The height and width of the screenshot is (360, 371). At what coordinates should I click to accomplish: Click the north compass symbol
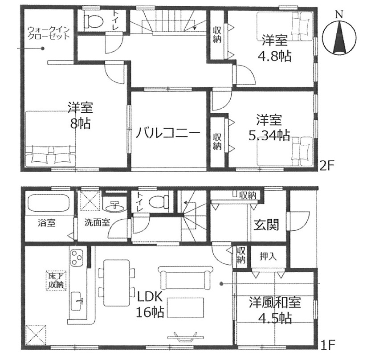339,38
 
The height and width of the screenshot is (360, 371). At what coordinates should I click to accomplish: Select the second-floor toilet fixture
94,21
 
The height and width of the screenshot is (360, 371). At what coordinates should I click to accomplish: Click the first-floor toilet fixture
159,202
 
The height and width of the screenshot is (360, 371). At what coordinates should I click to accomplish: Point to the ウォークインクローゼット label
49,33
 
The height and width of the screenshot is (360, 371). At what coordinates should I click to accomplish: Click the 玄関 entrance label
266,225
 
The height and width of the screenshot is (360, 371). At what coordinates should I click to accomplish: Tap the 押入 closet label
268,256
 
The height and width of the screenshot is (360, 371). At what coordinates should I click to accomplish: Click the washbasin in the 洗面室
114,207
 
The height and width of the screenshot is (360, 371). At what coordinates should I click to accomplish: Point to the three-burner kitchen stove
77,258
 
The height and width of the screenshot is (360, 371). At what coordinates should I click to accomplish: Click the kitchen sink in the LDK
77,301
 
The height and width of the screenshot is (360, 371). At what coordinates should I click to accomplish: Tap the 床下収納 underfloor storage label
56,280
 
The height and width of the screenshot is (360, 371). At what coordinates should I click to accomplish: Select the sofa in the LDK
185,278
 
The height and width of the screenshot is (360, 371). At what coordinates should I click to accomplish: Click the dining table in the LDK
117,283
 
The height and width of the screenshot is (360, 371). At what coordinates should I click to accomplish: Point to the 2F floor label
326,166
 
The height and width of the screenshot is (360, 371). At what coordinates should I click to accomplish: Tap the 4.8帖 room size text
274,56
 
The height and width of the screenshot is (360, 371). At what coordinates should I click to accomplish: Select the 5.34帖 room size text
269,135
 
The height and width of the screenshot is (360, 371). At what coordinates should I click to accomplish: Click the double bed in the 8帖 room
50,139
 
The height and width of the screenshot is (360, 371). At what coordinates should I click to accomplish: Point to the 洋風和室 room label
275,303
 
